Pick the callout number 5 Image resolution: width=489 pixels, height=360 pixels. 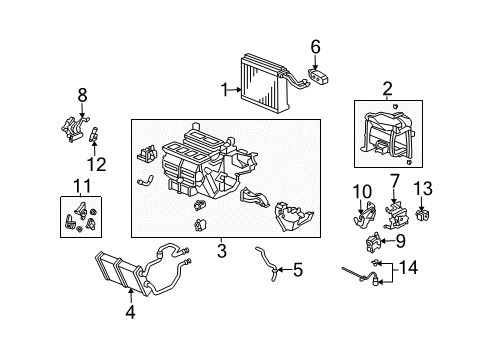click(298, 269)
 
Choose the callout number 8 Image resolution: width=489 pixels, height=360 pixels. click(83, 96)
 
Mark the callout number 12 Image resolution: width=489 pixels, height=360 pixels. click(95, 162)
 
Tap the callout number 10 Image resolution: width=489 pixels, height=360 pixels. click(361, 191)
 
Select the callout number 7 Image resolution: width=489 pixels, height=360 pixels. click(395, 181)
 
